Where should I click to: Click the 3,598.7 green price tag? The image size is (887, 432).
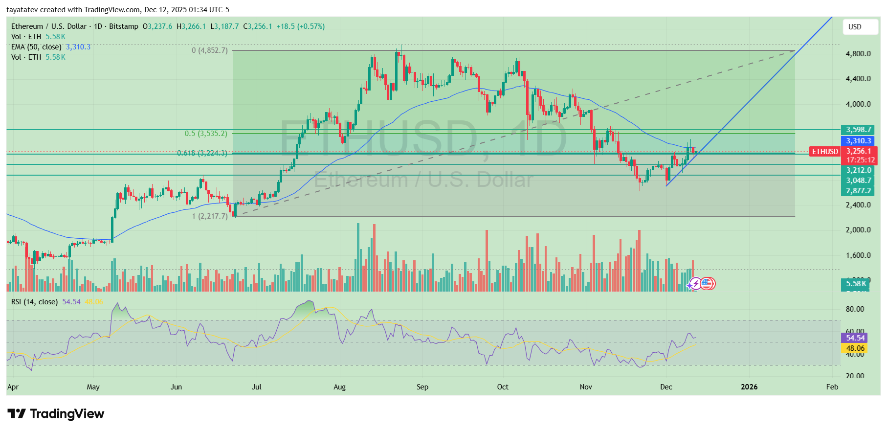(859, 130)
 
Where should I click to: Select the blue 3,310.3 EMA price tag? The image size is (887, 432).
(859, 141)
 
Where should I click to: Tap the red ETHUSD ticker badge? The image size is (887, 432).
(825, 152)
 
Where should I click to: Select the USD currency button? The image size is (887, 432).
(860, 27)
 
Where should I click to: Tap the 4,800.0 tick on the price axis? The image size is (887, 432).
(858, 54)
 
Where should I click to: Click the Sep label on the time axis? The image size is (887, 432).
(422, 387)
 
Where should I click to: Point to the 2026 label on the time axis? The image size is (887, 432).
(749, 387)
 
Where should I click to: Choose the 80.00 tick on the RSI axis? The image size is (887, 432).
(855, 309)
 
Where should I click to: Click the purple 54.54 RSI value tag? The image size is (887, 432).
(855, 338)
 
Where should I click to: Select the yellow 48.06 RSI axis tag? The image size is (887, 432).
(855, 348)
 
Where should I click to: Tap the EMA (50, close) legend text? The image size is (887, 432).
(36, 47)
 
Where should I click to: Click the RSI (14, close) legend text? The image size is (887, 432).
(34, 302)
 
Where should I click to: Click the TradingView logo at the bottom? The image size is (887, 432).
(56, 414)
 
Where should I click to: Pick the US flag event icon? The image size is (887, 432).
(707, 283)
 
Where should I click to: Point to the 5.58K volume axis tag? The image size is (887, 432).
(856, 284)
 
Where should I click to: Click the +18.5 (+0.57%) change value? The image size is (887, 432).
(300, 26)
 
